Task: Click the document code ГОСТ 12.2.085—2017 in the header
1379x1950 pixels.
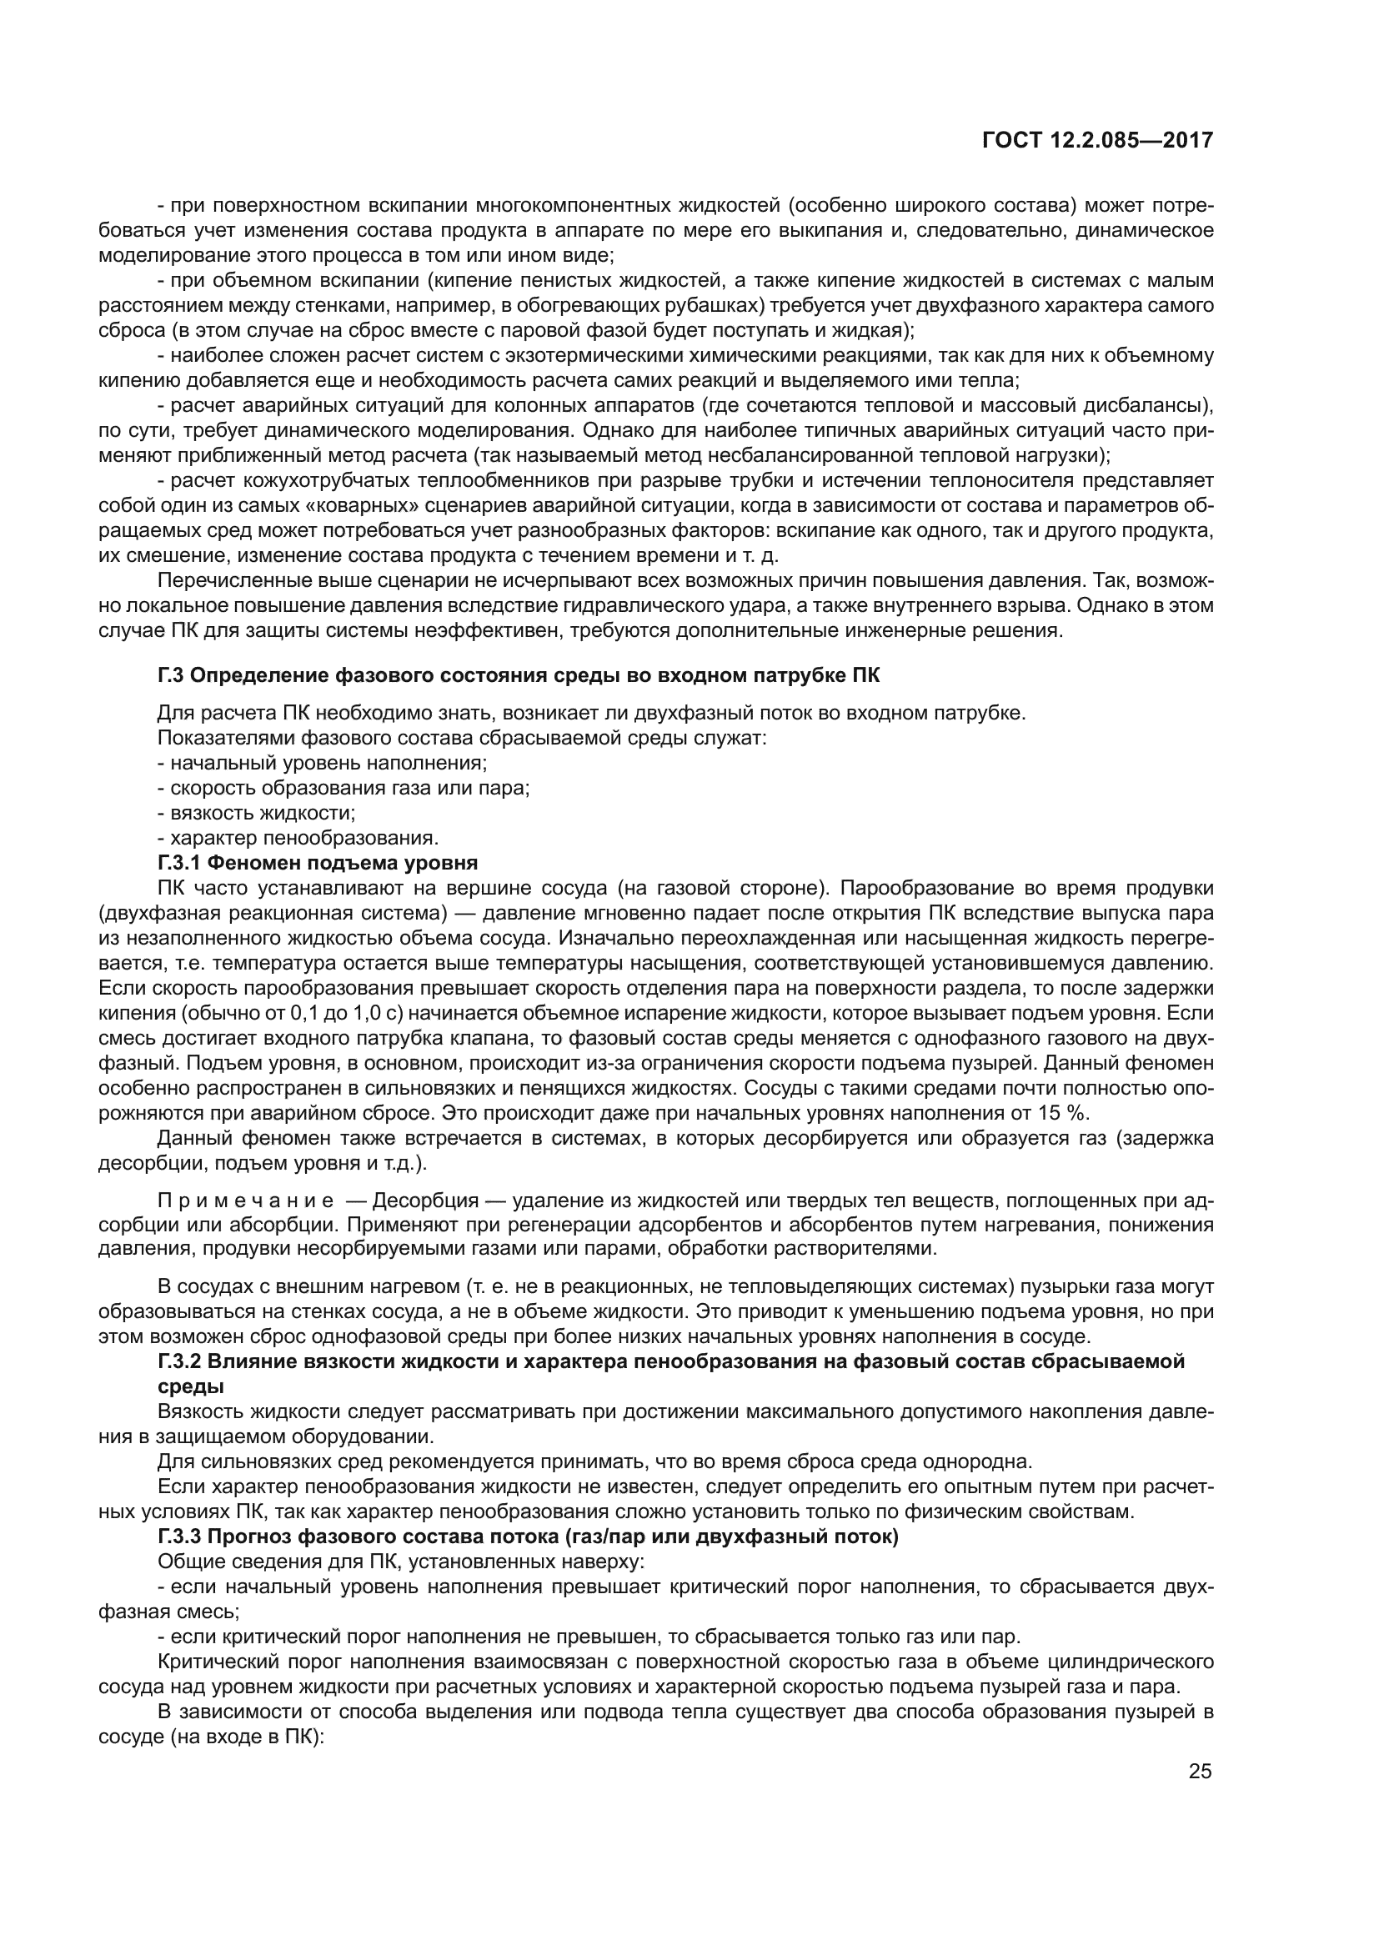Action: coord(1097,140)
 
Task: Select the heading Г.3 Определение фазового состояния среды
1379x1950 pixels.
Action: coord(518,675)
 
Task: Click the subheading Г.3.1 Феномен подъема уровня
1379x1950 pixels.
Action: coord(318,863)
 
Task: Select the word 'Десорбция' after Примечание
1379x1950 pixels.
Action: coord(418,1201)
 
